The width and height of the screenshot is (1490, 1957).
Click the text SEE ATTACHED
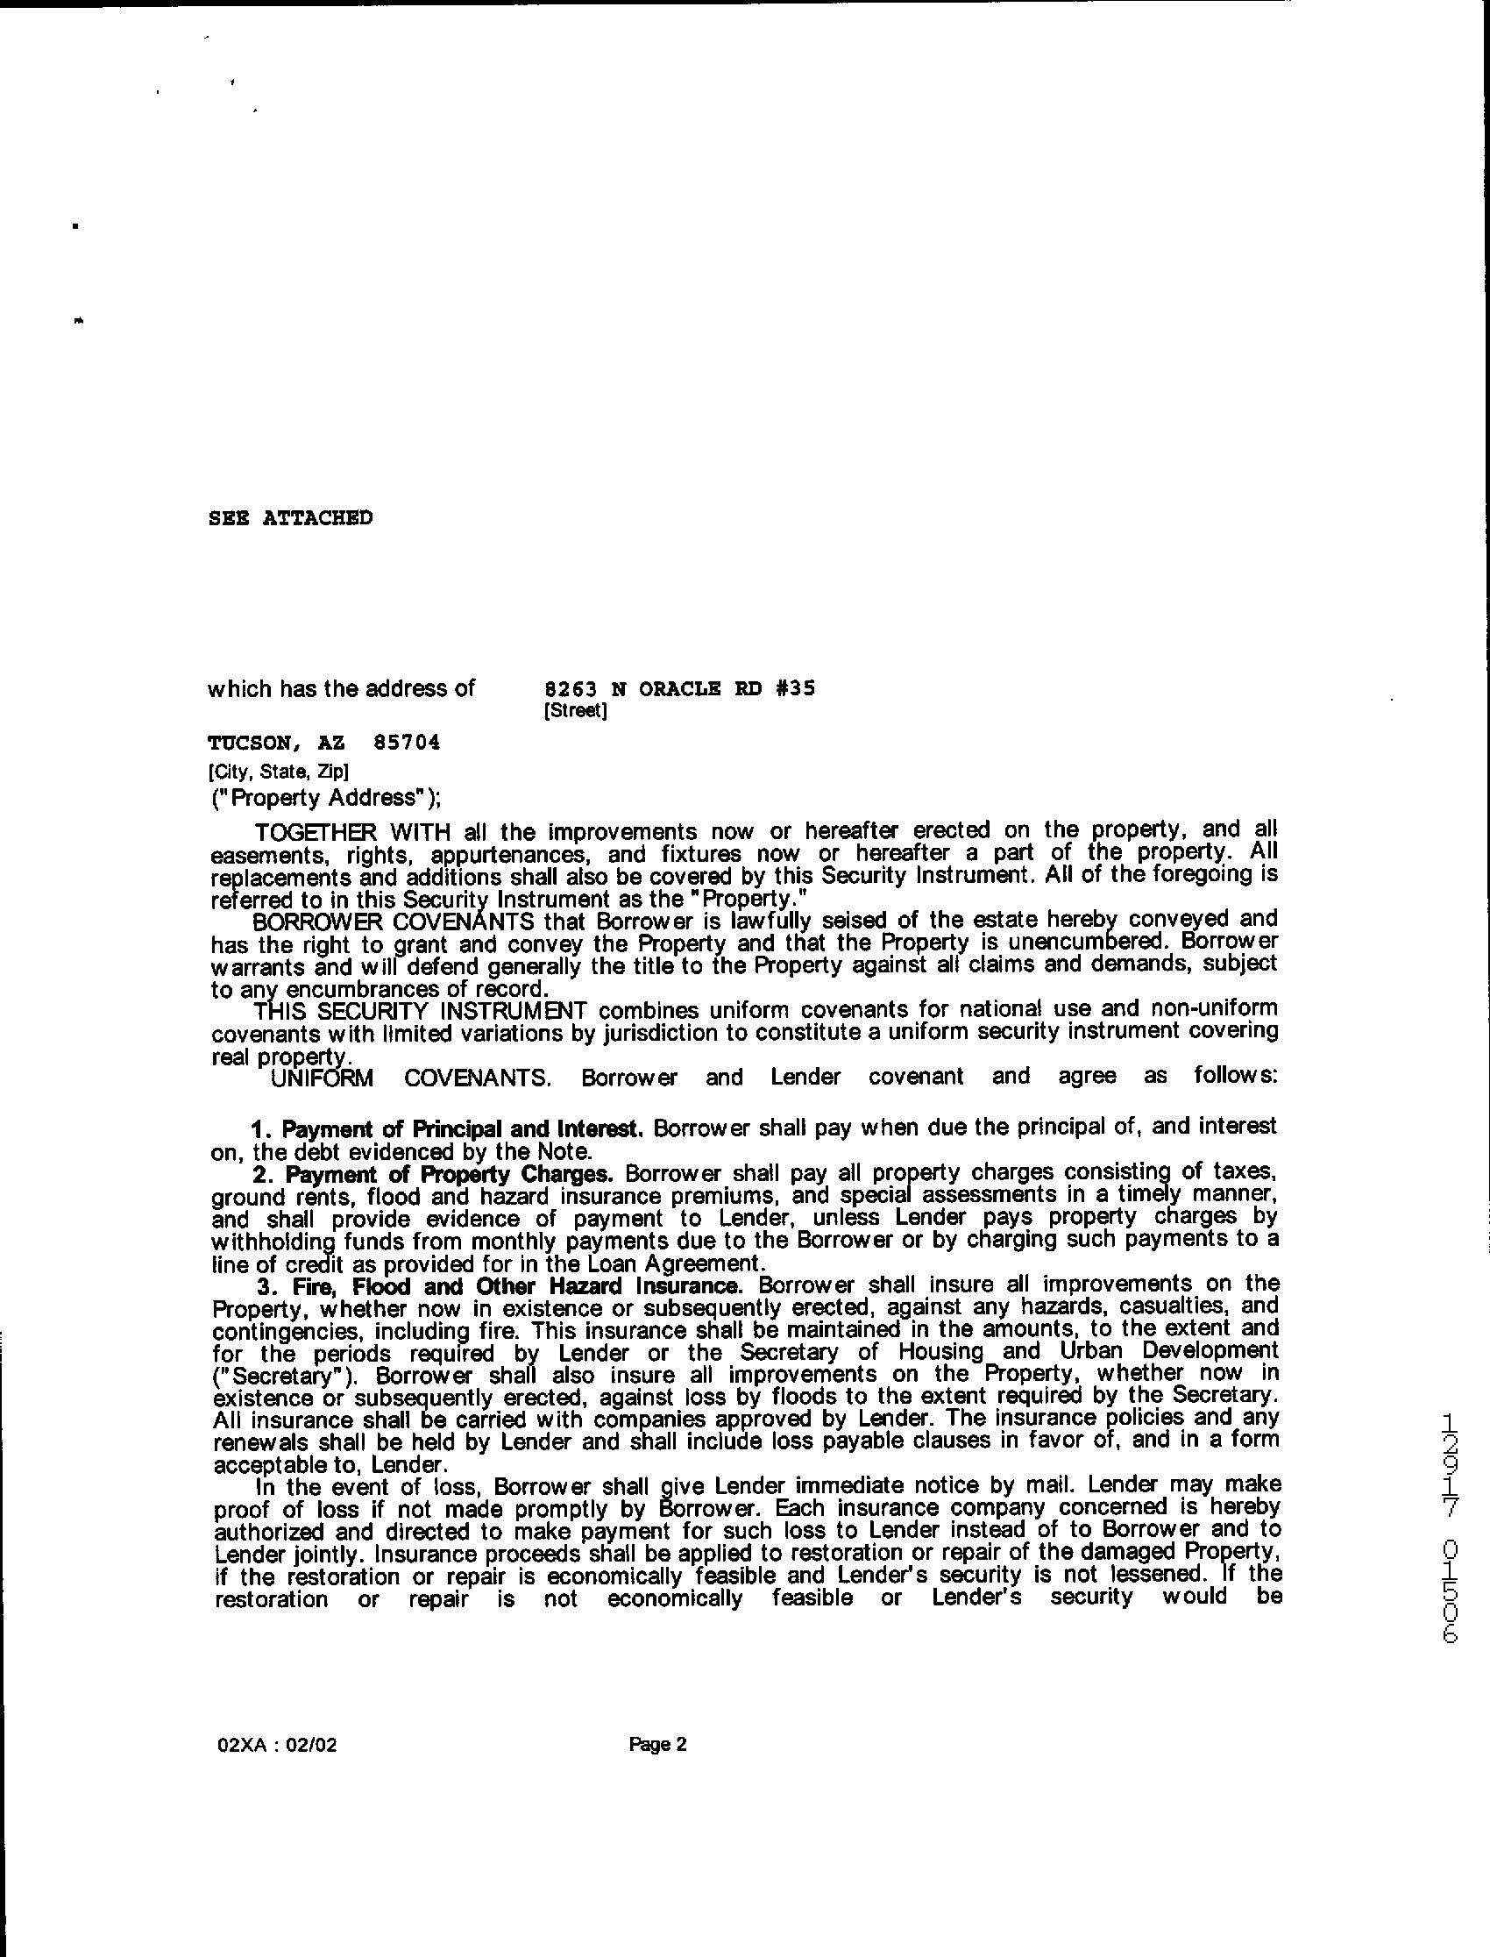click(290, 518)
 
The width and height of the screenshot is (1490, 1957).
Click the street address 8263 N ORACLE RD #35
click(678, 688)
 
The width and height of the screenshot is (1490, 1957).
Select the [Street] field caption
click(576, 710)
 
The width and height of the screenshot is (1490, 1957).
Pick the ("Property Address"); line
click(324, 798)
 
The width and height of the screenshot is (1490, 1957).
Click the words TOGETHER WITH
click(353, 832)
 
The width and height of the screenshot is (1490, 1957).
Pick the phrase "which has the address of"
click(342, 688)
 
